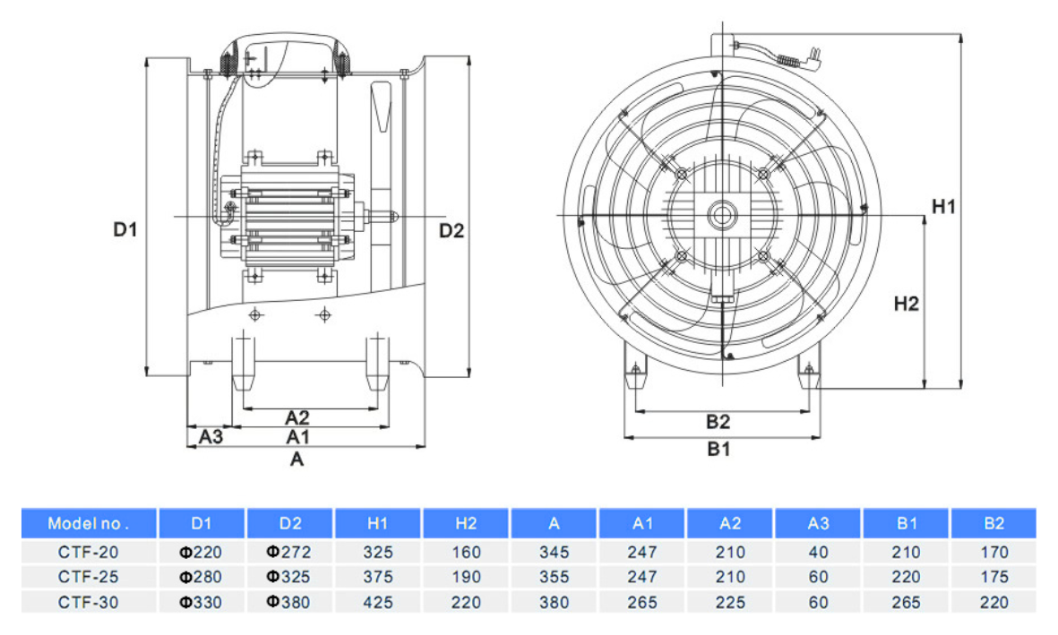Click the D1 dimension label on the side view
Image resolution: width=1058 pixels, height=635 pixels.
point(125,229)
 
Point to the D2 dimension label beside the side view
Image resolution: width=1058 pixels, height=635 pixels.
point(452,231)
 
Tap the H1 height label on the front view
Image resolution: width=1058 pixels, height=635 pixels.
point(943,207)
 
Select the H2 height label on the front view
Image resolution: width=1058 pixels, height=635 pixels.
point(907,304)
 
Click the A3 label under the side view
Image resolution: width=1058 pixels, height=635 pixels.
point(211,437)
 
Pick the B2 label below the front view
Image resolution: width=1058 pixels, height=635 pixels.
point(718,422)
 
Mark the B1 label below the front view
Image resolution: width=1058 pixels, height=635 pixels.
point(718,449)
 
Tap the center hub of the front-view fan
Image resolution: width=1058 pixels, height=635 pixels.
point(722,216)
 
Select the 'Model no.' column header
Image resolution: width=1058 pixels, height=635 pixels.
point(89,524)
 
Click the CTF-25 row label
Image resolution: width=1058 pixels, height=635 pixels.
point(89,577)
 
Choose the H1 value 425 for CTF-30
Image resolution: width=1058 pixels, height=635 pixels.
point(378,603)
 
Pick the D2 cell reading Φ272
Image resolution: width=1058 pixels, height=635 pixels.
point(288,552)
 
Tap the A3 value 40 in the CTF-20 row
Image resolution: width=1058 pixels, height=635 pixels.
point(819,552)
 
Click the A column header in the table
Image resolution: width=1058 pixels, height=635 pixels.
point(554,524)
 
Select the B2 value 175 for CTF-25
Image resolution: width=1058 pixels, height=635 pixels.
point(994,577)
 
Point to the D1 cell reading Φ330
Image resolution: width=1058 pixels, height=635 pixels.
point(201,603)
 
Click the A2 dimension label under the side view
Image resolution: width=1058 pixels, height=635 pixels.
point(297,417)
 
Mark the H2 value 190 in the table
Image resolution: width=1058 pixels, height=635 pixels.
point(466,577)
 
